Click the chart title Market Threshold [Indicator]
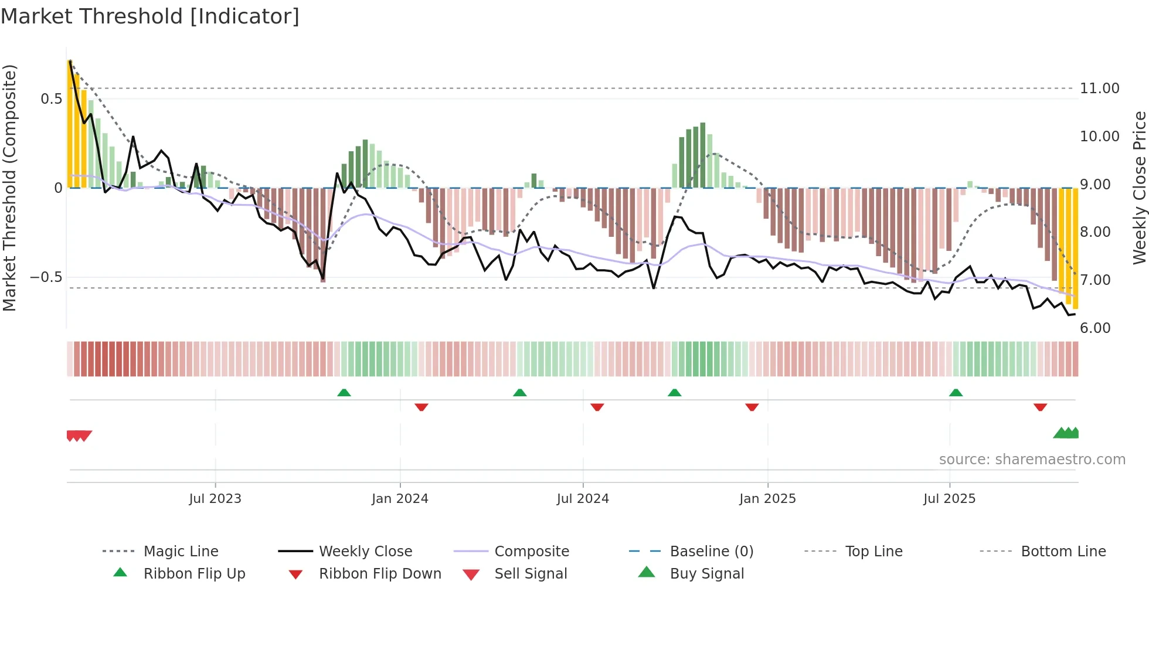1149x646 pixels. (150, 16)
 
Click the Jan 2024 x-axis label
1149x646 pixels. (400, 498)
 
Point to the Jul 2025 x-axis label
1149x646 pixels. (949, 498)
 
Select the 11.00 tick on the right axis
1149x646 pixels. (1099, 89)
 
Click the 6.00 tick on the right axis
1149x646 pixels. (1095, 328)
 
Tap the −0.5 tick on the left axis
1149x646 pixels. (46, 277)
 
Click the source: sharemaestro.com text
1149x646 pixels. (1032, 459)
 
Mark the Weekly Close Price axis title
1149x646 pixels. (1139, 188)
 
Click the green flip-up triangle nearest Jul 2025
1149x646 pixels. (956, 393)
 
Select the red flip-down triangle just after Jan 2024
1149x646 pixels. (421, 407)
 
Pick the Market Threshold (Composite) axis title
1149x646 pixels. (9, 188)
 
